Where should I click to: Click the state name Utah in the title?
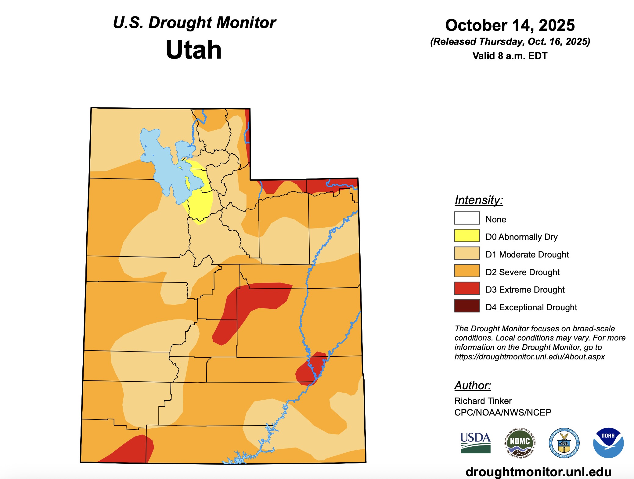(x=193, y=50)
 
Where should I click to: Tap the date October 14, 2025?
(x=510, y=25)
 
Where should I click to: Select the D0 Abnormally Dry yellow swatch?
(x=467, y=236)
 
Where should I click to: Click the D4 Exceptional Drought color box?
(x=467, y=306)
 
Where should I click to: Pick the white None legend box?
(x=467, y=218)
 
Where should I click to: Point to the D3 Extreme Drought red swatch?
(x=467, y=288)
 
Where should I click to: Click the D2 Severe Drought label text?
(x=522, y=272)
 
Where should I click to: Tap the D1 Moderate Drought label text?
(x=527, y=254)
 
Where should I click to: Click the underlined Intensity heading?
(x=478, y=200)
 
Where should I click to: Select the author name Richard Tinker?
(x=483, y=401)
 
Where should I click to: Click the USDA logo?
(x=475, y=442)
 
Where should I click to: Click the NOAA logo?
(x=608, y=443)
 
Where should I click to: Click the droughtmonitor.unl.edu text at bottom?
(x=539, y=472)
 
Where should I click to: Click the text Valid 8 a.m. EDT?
(x=510, y=56)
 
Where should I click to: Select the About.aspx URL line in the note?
(x=529, y=357)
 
